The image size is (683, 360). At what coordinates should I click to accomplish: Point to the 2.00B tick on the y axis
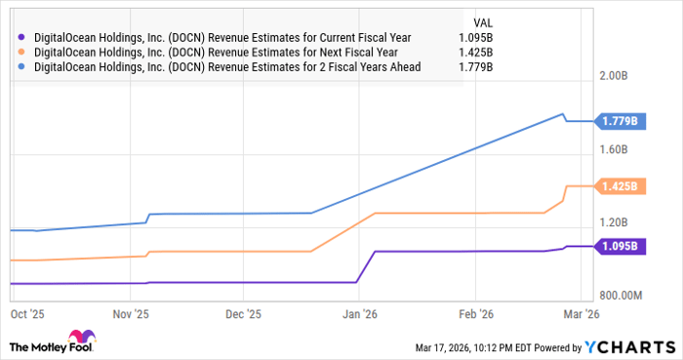tap(620, 76)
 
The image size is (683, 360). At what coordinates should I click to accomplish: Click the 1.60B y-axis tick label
tap(620, 149)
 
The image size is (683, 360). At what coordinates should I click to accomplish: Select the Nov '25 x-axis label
tap(130, 314)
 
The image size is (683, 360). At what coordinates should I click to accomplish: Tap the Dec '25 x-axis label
tap(243, 314)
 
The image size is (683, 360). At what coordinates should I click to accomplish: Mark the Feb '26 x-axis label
tap(475, 314)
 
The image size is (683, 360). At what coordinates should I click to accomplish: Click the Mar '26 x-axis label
tap(581, 314)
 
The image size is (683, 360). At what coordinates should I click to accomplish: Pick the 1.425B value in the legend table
tap(475, 53)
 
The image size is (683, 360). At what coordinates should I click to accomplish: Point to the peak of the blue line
tap(563, 114)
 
